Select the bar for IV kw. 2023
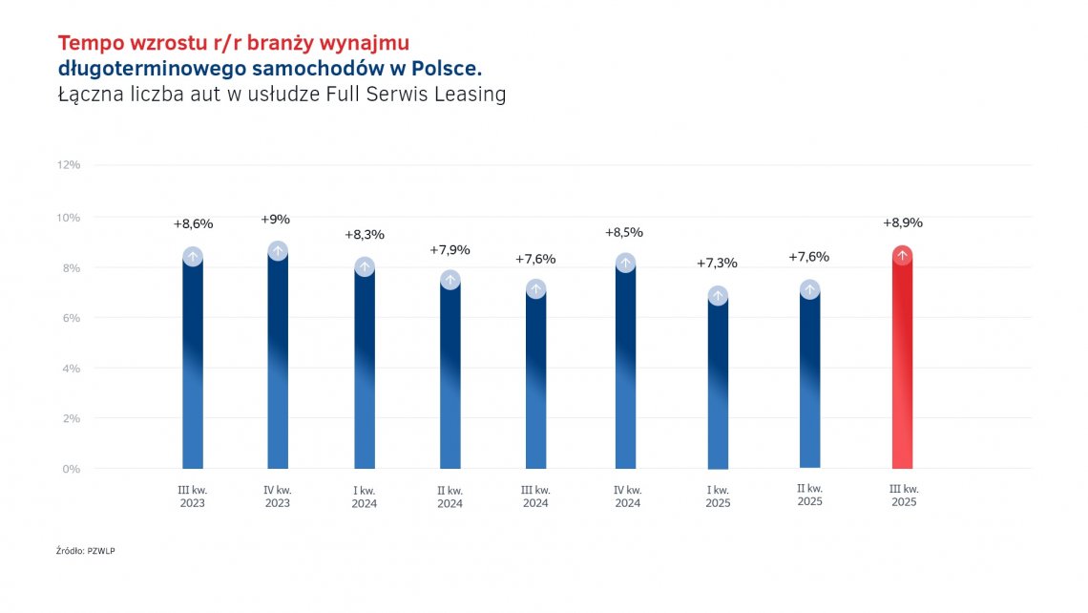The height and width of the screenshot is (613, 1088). [x=278, y=363]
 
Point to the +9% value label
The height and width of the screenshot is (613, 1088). [x=275, y=219]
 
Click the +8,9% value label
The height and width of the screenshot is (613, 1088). [x=902, y=222]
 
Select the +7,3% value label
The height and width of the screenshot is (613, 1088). [x=717, y=263]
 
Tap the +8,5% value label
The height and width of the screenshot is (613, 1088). [x=624, y=232]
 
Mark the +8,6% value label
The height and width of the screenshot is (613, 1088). [x=193, y=223]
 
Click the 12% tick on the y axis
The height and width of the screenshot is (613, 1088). [x=69, y=165]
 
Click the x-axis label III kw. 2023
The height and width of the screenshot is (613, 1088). [x=193, y=497]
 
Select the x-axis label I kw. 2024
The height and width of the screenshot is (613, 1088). [x=364, y=497]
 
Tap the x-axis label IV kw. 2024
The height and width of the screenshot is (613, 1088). [x=626, y=497]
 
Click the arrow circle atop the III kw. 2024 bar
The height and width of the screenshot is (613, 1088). [x=535, y=288]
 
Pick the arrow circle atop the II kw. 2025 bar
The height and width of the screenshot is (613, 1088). [x=809, y=289]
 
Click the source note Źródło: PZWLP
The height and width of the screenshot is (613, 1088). [x=86, y=551]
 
